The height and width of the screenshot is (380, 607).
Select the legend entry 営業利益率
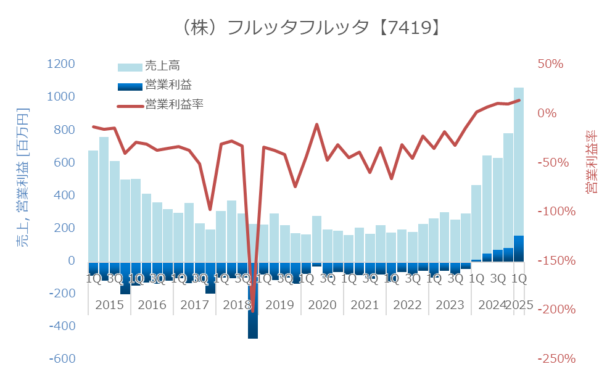tap(174, 104)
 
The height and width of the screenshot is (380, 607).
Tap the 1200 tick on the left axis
tap(60, 64)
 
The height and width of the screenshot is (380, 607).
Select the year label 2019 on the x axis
tap(279, 305)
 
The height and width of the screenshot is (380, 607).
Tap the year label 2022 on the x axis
tap(407, 305)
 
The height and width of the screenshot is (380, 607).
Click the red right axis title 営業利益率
tap(591, 162)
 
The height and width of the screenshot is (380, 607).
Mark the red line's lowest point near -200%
tap(253, 311)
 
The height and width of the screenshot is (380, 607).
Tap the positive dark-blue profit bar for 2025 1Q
tap(519, 249)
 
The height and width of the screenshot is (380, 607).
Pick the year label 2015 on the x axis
tap(109, 305)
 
